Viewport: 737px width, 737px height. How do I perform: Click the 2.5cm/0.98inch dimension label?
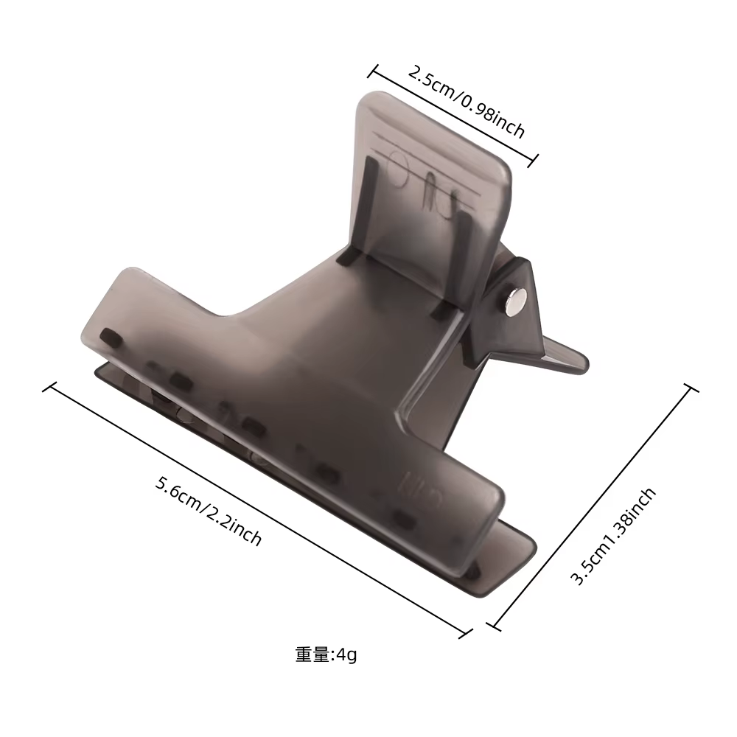(x=465, y=102)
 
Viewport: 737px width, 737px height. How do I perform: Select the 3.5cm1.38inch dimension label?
(x=613, y=536)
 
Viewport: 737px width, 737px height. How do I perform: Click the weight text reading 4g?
(x=347, y=654)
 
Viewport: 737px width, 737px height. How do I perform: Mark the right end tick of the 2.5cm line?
(x=533, y=161)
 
